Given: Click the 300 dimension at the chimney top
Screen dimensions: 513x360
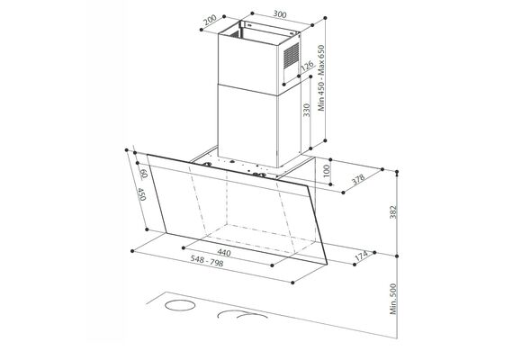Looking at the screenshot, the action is click(x=280, y=14).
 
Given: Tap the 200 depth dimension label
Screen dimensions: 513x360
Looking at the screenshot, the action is click(x=210, y=20).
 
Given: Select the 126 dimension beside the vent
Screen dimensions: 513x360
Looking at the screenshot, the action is click(x=307, y=66).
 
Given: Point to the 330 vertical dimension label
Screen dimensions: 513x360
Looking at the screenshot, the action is click(x=307, y=111).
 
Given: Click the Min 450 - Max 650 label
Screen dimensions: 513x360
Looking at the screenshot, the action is click(x=321, y=78).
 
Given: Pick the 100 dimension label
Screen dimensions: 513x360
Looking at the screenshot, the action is click(x=327, y=171).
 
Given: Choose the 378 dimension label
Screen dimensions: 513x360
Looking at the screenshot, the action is click(x=358, y=179).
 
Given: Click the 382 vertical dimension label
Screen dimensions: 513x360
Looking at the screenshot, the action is click(x=393, y=212).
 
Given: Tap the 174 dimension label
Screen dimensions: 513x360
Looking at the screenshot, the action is click(x=361, y=256).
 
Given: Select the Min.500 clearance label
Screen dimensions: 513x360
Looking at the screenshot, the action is click(x=393, y=299).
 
